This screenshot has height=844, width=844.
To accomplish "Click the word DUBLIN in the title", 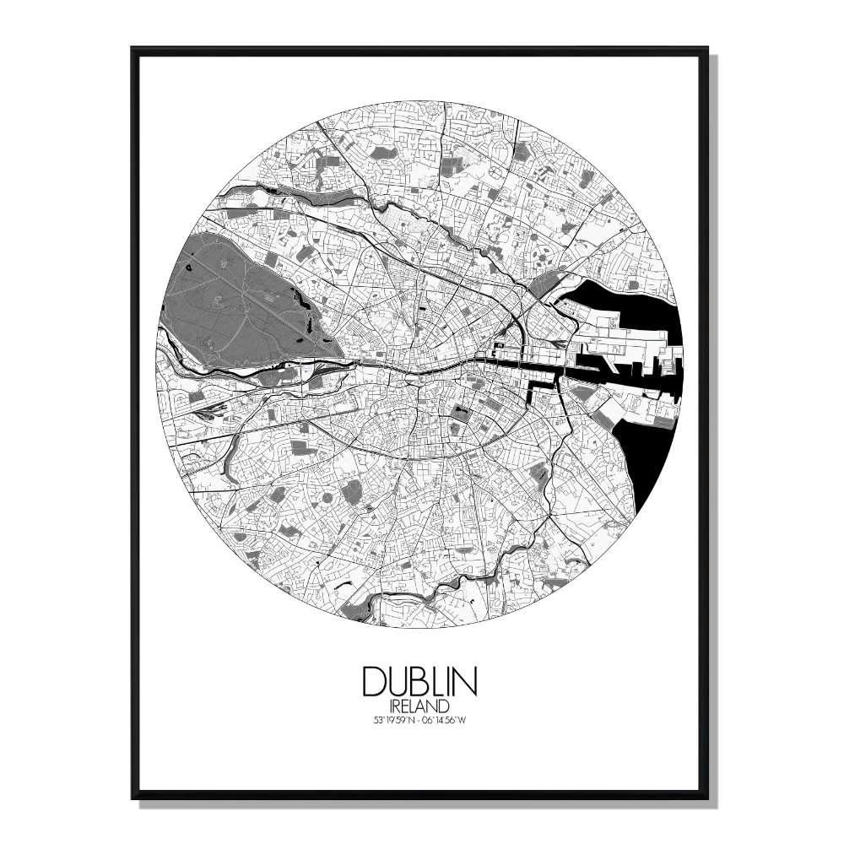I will coord(420,681).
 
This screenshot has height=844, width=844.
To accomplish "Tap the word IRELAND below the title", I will coord(420,704).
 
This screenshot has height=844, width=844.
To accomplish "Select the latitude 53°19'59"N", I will coord(381,719).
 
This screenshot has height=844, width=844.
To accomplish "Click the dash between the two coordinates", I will coord(419,719).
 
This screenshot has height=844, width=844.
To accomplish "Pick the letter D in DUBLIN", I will coord(373,681).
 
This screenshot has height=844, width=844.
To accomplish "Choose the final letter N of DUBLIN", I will coord(468,681).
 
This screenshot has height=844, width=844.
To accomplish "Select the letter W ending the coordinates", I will coord(477,719).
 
